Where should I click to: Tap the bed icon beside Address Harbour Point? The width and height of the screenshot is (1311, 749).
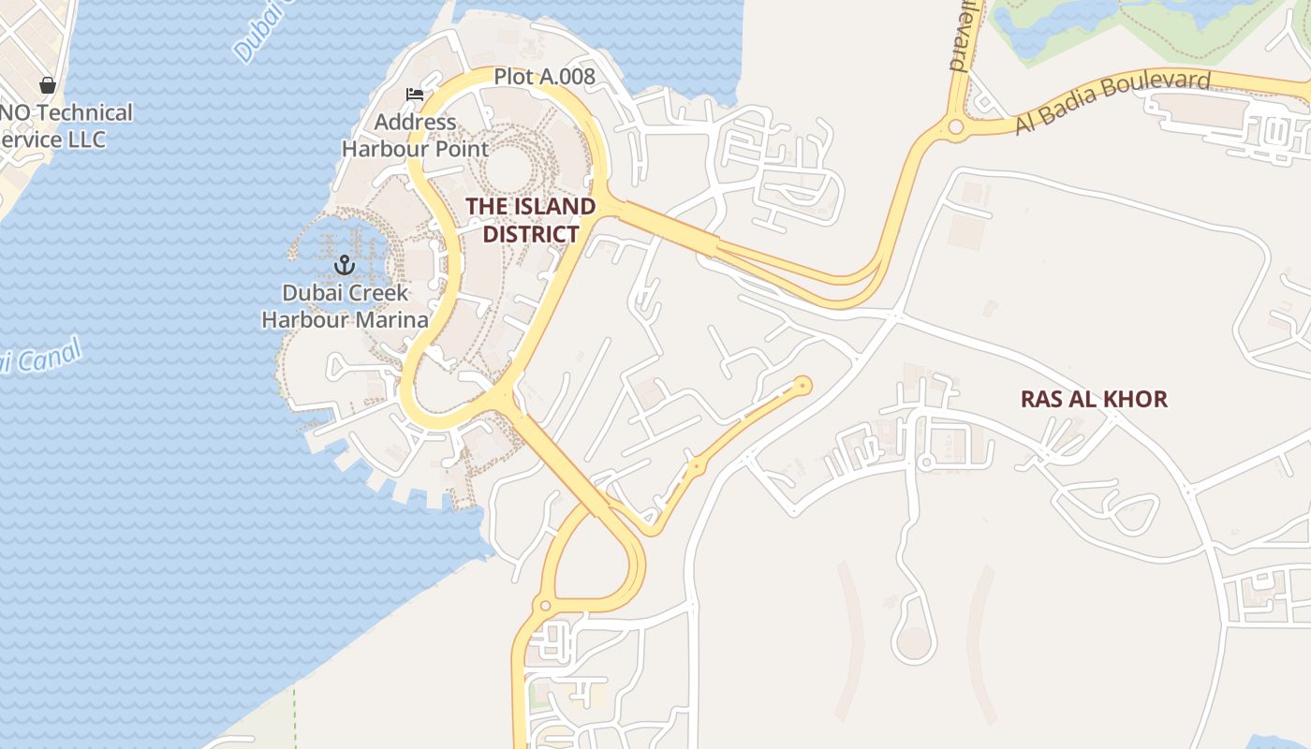pyautogui.click(x=414, y=94)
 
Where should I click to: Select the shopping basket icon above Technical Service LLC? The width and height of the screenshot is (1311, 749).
pyautogui.click(x=48, y=85)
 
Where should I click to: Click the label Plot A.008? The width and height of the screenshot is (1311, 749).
pyautogui.click(x=544, y=77)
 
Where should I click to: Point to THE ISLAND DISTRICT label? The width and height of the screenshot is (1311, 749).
pyautogui.click(x=531, y=220)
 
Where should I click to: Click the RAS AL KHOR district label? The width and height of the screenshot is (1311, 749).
pyautogui.click(x=1094, y=400)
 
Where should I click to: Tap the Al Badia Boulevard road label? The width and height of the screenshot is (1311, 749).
pyautogui.click(x=1112, y=101)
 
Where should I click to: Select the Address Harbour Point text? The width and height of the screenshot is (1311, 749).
pyautogui.click(x=415, y=136)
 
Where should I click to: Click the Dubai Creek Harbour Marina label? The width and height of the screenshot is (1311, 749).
pyautogui.click(x=345, y=306)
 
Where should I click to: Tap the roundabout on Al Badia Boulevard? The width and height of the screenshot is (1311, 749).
pyautogui.click(x=955, y=126)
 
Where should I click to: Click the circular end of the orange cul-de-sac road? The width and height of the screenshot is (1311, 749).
pyautogui.click(x=802, y=385)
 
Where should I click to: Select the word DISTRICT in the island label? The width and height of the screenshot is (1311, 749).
pyautogui.click(x=531, y=234)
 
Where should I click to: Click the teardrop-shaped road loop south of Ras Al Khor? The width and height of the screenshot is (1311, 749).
pyautogui.click(x=913, y=639)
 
